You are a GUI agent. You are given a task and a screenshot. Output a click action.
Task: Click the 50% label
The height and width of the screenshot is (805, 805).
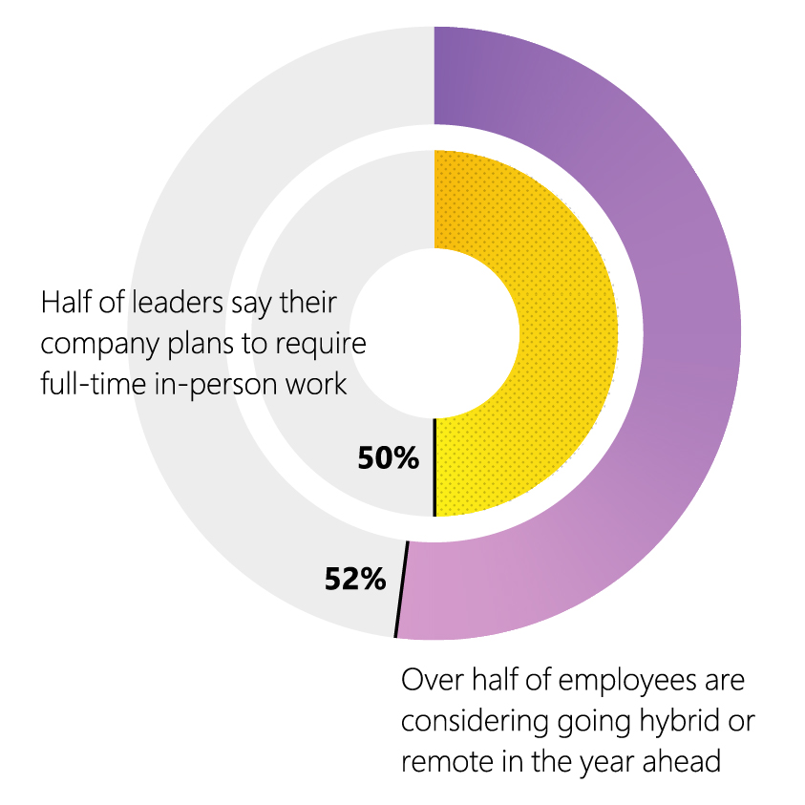pos(388,458)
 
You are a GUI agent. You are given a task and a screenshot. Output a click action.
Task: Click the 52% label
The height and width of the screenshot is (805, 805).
pos(354,579)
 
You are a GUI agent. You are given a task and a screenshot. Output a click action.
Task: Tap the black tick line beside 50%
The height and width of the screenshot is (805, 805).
pos(434,467)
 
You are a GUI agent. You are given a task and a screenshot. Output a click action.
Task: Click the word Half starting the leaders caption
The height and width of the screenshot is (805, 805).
pos(64,304)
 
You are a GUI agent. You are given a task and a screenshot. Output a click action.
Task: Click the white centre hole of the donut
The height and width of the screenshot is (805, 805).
pos(434,333)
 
